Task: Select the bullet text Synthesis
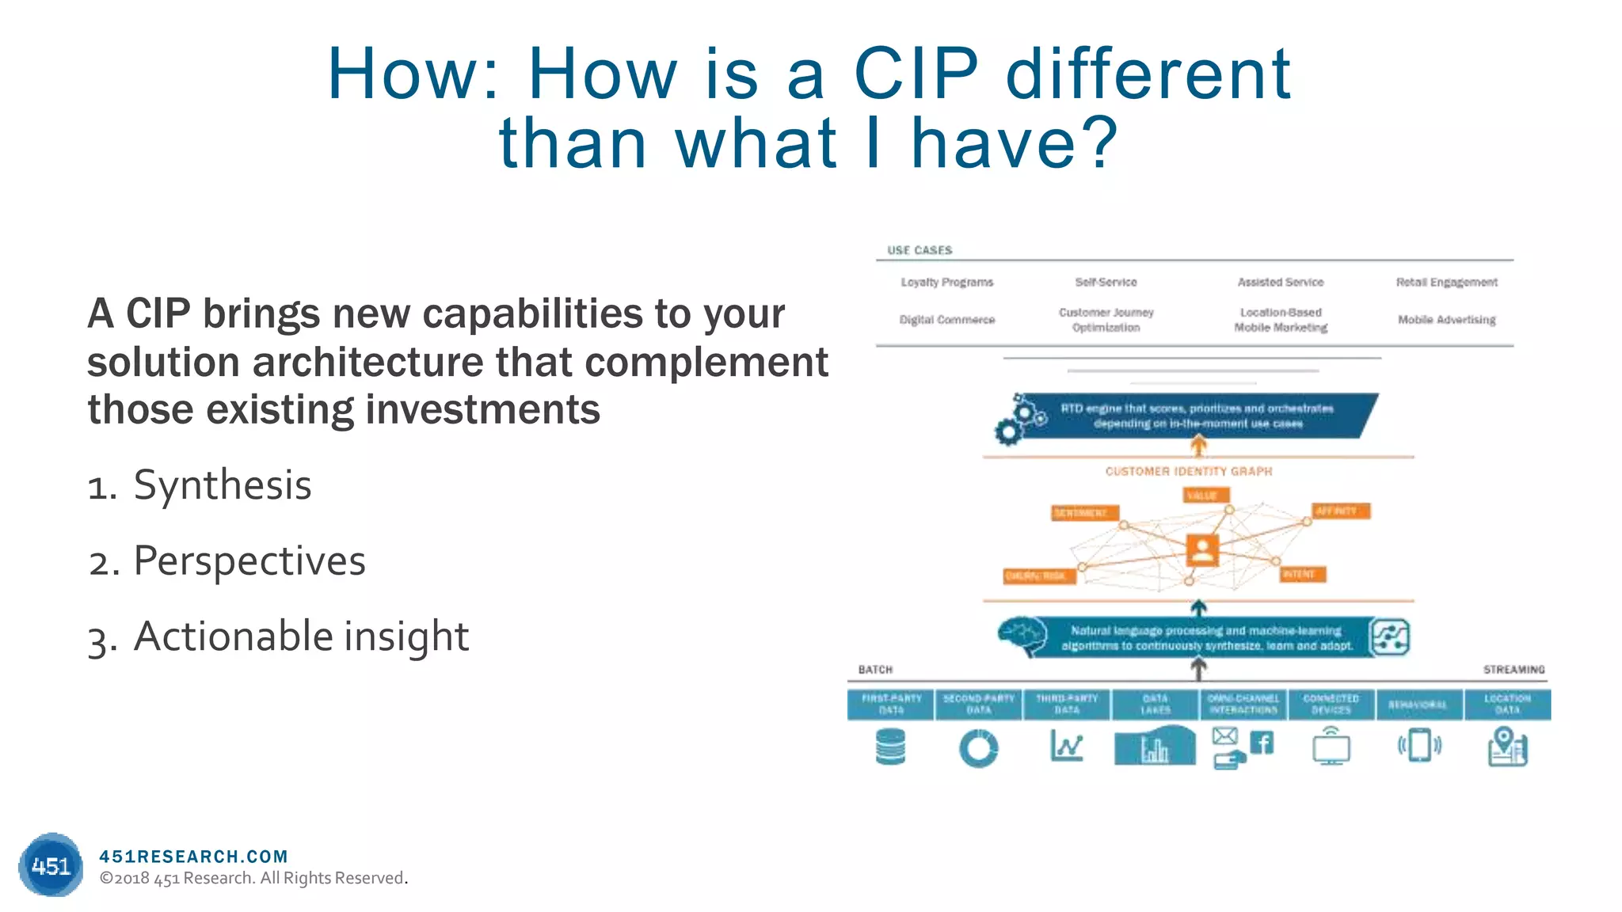click(222, 484)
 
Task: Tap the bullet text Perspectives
click(249, 560)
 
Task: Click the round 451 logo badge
click(51, 865)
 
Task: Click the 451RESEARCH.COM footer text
click(193, 856)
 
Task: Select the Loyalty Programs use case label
click(946, 282)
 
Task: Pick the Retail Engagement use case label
click(1446, 282)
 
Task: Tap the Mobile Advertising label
click(1446, 320)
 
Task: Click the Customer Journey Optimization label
click(1106, 320)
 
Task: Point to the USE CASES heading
click(920, 250)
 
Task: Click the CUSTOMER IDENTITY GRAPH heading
click(1188, 471)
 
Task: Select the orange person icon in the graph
click(1201, 549)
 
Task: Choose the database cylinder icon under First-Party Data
click(890, 747)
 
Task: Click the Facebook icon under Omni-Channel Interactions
click(1261, 743)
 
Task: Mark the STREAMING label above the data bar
click(1513, 670)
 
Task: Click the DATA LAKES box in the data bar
click(1155, 704)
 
